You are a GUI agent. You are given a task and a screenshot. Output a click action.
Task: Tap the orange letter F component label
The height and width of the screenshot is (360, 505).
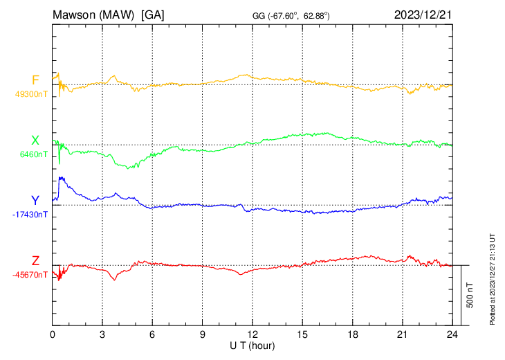35,80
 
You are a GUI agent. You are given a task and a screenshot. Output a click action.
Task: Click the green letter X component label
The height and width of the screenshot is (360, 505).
35,140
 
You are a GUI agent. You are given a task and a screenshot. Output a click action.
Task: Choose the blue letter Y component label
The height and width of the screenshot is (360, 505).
35,200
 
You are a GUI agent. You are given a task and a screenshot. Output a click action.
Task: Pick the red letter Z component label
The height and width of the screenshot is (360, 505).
35,260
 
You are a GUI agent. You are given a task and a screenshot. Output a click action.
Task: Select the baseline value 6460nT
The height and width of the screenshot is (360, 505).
34,154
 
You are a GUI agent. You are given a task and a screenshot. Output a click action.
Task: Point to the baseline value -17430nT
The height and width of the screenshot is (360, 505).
30,215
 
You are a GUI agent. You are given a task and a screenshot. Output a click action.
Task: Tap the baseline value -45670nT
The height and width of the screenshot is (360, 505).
30,275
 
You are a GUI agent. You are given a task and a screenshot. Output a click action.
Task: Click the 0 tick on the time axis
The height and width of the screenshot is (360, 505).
53,334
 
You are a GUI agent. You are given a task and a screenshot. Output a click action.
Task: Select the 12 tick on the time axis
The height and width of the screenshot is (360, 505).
252,334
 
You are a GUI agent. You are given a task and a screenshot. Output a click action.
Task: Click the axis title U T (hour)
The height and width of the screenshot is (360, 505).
252,345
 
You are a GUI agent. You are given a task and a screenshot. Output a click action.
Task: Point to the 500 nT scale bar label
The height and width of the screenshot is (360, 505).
470,295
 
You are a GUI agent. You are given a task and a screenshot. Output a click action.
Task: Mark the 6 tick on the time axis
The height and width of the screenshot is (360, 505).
152,334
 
